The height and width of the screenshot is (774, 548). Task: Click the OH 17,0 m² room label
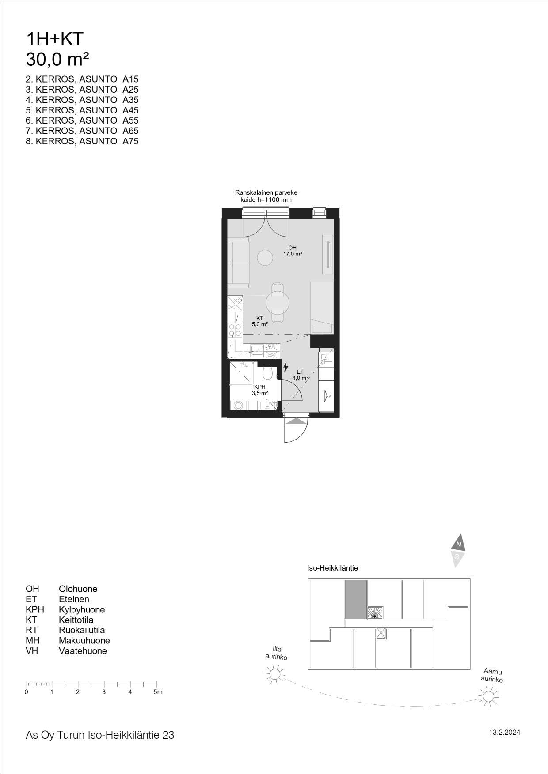click(x=293, y=251)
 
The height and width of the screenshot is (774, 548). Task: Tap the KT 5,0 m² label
click(x=260, y=321)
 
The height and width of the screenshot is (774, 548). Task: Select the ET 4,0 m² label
click(x=300, y=375)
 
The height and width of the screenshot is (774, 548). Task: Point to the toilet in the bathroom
click(x=267, y=373)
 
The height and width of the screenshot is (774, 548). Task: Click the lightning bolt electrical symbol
click(x=286, y=367)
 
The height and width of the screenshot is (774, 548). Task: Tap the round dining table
click(x=278, y=303)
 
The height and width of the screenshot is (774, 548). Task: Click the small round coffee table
click(x=265, y=257)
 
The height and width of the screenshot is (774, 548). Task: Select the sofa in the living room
click(x=238, y=263)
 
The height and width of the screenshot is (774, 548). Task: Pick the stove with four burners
click(x=235, y=331)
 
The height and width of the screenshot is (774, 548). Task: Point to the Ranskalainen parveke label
click(x=266, y=192)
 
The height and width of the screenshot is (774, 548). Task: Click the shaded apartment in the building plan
click(x=356, y=599)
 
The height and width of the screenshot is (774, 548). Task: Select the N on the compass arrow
click(x=459, y=545)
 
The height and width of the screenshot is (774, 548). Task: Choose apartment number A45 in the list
click(x=130, y=110)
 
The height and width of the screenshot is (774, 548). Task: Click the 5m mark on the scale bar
click(x=158, y=692)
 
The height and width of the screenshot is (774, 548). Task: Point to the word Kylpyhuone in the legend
click(x=82, y=610)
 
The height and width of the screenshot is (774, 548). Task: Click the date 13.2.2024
click(x=504, y=733)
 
